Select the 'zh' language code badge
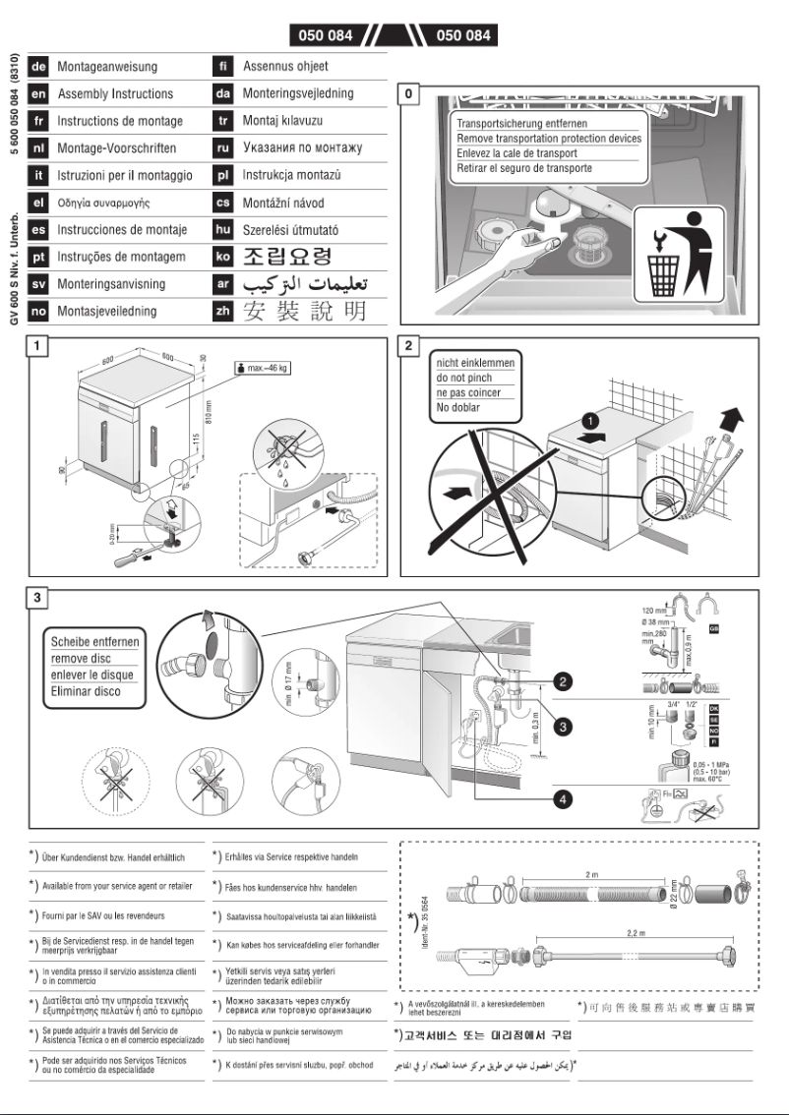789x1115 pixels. tap(222, 312)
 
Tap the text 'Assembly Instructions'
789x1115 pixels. tap(115, 94)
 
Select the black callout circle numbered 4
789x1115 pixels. tap(561, 798)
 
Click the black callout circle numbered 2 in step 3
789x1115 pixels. tap(561, 679)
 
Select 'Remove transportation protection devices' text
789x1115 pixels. tap(549, 139)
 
